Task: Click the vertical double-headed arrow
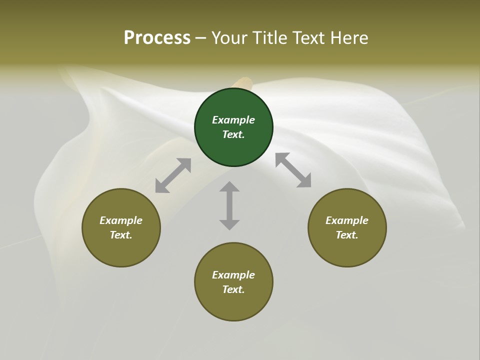coord(229,205)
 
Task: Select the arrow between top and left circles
coord(173,175)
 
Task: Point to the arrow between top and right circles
coord(293,170)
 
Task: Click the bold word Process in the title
coord(157,37)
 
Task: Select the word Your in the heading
coord(228,37)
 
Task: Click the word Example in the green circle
coord(233,120)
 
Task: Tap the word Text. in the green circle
coord(233,134)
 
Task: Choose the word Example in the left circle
coord(121,220)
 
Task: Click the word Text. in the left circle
coord(121,235)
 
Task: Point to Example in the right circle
coord(347,220)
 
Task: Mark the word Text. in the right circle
coord(347,235)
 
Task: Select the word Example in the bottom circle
coord(233,275)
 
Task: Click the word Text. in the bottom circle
coord(233,289)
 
